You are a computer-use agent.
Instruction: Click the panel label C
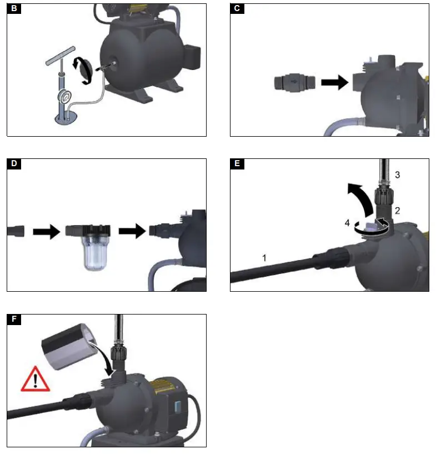click(237, 8)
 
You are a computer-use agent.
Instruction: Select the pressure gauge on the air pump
click(65, 95)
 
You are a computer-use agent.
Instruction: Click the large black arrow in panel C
click(334, 83)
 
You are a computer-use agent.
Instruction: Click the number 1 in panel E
click(264, 257)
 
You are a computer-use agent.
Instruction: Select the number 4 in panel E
click(347, 223)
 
